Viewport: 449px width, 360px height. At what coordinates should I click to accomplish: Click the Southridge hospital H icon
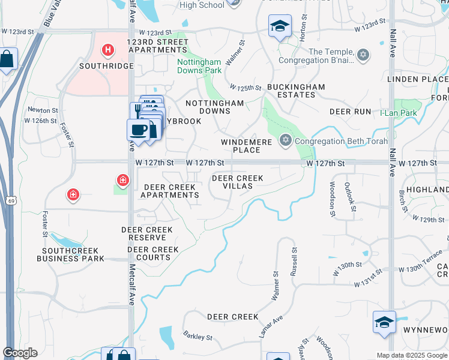[108, 49]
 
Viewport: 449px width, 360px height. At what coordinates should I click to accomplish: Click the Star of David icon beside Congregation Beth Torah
[285, 141]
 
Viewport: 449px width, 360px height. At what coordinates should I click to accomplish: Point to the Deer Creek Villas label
[238, 182]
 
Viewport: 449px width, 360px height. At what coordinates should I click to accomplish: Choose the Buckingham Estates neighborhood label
[295, 91]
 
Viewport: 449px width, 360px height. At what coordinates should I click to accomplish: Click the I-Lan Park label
[399, 112]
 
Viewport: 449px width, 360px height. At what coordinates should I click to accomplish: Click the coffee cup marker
[139, 130]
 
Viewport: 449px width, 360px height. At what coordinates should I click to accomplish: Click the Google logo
[20, 353]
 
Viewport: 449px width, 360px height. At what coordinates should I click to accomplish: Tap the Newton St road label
[43, 110]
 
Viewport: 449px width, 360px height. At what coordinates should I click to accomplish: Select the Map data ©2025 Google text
[412, 355]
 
